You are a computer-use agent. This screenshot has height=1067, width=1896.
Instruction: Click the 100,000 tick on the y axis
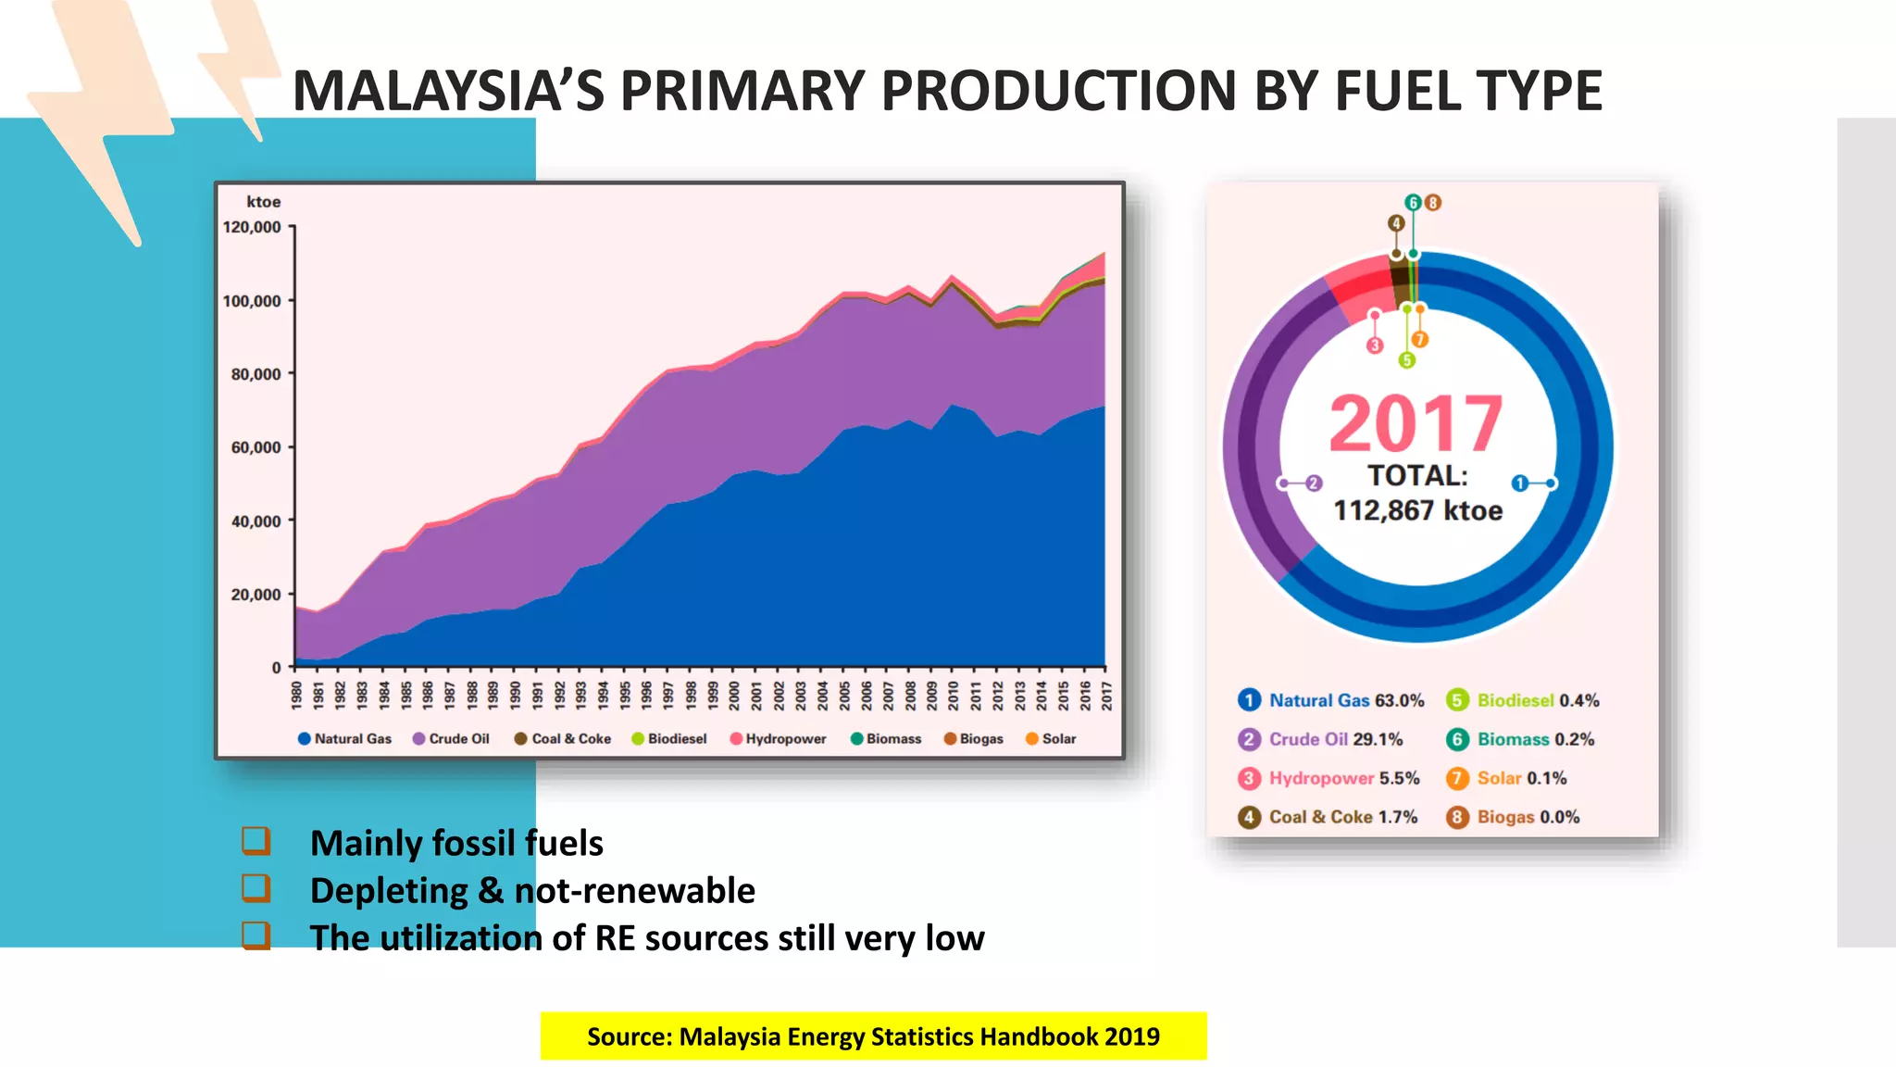pos(252,301)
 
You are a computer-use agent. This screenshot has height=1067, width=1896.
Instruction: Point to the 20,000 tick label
pos(256,595)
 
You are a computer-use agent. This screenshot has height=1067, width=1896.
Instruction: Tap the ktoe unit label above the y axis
pos(263,202)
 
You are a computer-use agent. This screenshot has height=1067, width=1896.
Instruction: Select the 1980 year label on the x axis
pos(296,695)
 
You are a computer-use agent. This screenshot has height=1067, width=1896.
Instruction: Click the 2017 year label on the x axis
pos(1105,695)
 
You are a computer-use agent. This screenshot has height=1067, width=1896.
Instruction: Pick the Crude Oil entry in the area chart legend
pos(451,739)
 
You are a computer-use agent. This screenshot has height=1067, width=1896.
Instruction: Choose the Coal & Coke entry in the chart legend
pos(563,739)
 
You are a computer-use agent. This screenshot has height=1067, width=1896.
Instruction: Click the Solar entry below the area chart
pos(1051,739)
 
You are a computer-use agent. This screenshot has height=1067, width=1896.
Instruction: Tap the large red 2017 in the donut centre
pos(1416,424)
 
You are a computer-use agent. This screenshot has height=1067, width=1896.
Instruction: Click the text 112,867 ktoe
pos(1417,510)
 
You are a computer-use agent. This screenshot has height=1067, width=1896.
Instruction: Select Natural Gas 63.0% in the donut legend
pos(1331,700)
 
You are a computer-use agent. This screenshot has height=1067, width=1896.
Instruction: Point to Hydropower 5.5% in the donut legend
pos(1328,778)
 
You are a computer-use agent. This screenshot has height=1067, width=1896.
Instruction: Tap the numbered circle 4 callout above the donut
pos(1396,223)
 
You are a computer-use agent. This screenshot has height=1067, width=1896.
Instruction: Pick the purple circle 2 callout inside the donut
pos(1313,483)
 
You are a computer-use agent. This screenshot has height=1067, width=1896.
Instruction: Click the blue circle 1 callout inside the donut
pos(1519,483)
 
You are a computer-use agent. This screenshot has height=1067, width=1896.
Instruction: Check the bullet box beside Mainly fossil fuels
pos(256,841)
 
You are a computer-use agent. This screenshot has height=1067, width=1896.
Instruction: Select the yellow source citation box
pos(873,1036)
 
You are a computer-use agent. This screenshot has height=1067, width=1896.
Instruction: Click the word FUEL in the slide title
pos(1400,91)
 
